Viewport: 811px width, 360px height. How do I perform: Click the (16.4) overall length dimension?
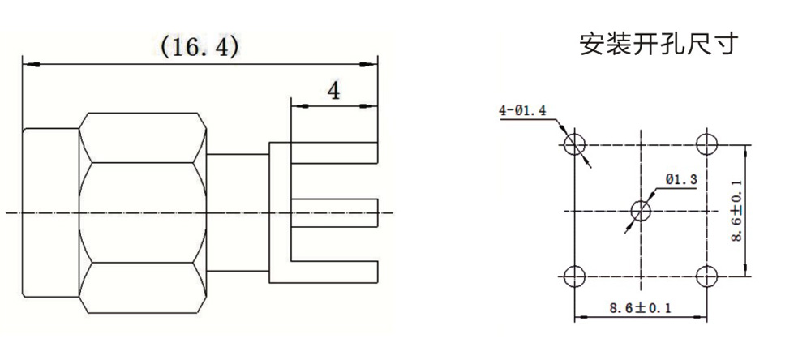[200, 48]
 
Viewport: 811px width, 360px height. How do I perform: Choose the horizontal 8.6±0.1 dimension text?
[641, 308]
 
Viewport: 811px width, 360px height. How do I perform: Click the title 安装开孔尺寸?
[657, 45]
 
